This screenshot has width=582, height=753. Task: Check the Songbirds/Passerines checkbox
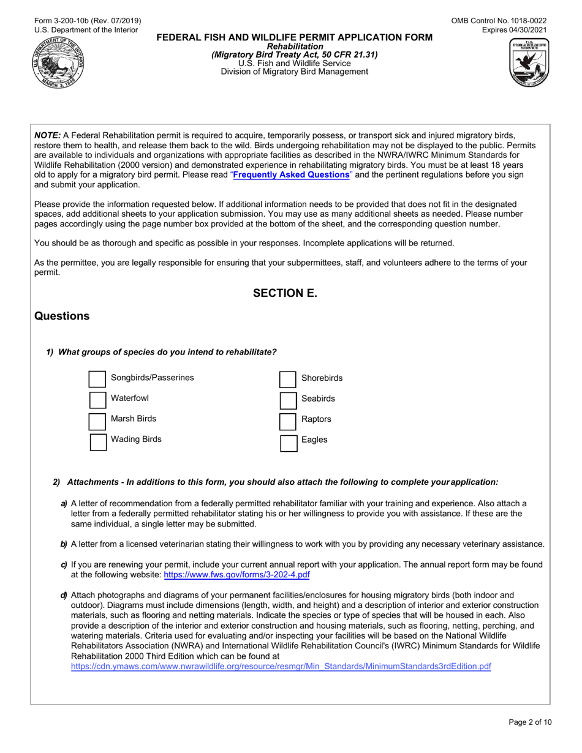tap(98, 379)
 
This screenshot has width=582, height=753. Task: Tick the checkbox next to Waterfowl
tap(98, 400)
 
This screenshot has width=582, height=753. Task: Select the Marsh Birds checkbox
tap(98, 421)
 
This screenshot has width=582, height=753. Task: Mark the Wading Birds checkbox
tap(98, 441)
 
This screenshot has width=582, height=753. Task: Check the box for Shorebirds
tap(288, 379)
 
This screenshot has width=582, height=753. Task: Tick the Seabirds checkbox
tap(288, 400)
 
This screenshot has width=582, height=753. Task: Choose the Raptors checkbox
tap(288, 421)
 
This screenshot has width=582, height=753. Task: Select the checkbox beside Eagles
tap(288, 441)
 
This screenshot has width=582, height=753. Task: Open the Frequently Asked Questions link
tap(291, 175)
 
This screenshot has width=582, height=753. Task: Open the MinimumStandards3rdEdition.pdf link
tap(281, 667)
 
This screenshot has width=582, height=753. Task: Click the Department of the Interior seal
tap(59, 61)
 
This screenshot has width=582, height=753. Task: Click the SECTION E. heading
tap(285, 293)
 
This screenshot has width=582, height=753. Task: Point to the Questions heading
tap(62, 317)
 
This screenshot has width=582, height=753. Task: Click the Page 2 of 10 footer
tap(531, 722)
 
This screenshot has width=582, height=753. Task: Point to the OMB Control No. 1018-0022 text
tap(499, 21)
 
